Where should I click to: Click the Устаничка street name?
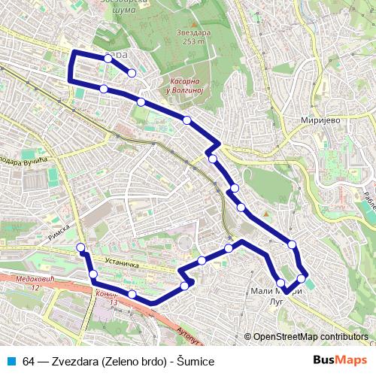(x=123, y=265)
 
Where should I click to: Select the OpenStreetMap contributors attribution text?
(x=311, y=337)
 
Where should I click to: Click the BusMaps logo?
(x=340, y=360)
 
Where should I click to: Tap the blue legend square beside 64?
(x=11, y=362)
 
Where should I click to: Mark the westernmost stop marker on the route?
(x=80, y=247)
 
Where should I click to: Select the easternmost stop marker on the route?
(x=302, y=279)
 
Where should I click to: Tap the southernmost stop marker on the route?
(x=132, y=294)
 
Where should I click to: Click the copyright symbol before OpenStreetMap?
(x=247, y=337)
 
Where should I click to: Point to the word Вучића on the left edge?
(x=35, y=160)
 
